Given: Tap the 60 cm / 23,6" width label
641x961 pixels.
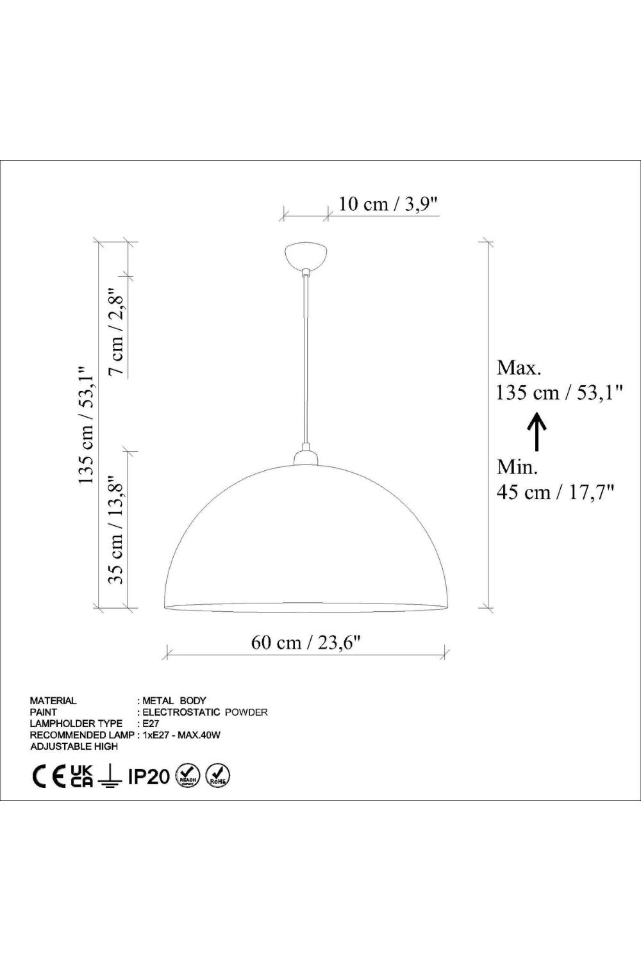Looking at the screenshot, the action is click(305, 642).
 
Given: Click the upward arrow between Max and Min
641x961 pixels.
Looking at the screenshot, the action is click(537, 432).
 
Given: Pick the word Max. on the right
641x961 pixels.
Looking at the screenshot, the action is click(519, 368).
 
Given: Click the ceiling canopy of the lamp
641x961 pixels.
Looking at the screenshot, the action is click(306, 256).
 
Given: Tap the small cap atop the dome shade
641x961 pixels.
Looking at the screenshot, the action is click(306, 456).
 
